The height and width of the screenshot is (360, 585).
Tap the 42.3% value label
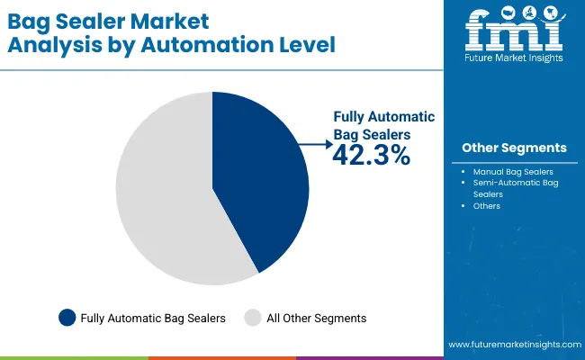[371, 155]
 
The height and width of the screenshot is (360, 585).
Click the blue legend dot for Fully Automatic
[67, 317]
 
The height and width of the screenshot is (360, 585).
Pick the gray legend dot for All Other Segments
[253, 317]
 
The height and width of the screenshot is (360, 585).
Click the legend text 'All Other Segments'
[316, 318]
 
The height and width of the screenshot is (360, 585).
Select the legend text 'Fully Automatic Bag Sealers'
[152, 318]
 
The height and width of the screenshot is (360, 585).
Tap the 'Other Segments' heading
[514, 148]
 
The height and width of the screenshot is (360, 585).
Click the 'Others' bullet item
[486, 205]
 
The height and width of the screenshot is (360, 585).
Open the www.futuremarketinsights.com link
[512, 345]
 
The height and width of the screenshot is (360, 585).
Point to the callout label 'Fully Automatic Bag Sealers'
[384, 125]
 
